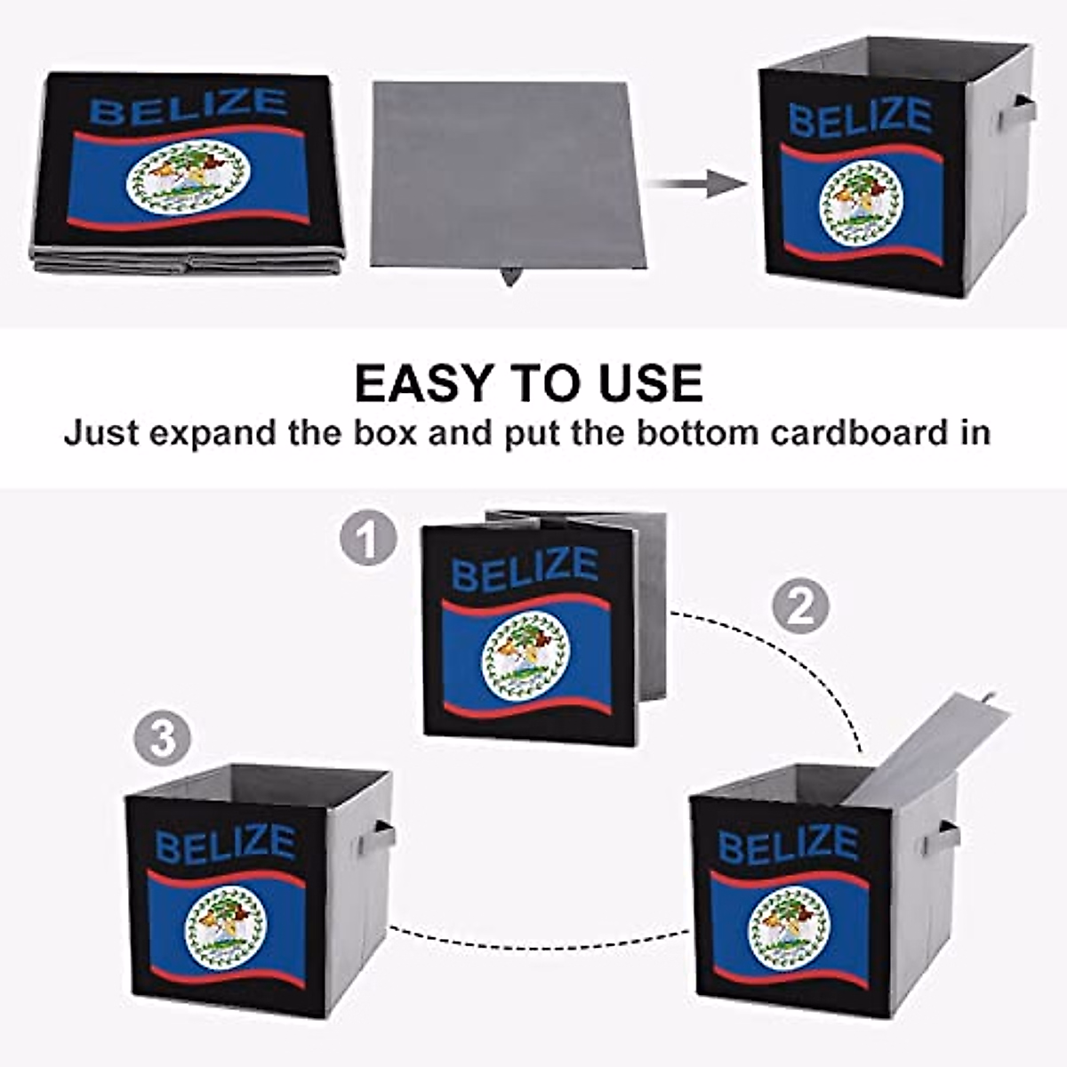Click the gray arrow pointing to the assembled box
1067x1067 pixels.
tap(698, 185)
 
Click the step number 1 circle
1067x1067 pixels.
tap(368, 540)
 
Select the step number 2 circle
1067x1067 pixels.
tap(799, 606)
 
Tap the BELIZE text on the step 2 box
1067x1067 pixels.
tap(788, 844)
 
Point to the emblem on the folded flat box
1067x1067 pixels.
tap(188, 176)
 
